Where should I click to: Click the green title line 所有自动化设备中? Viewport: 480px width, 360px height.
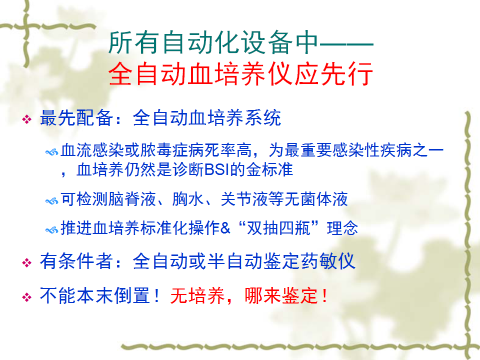tap(213, 42)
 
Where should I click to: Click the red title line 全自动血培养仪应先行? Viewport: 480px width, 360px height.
tap(240, 74)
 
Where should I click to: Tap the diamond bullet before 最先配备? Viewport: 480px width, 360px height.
tap(27, 119)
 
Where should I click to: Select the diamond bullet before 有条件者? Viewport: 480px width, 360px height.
tap(27, 262)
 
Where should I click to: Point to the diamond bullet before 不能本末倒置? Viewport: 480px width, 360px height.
tap(27, 297)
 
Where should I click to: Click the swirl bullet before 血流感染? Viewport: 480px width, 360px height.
tap(51, 152)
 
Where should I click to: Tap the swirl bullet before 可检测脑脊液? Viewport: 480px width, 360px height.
tap(51, 201)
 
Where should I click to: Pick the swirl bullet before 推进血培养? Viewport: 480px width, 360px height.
tap(51, 230)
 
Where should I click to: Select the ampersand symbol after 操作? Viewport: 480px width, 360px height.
tap(225, 228)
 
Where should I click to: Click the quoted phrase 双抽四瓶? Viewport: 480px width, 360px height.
tap(278, 228)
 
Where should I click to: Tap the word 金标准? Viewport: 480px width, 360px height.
tap(269, 169)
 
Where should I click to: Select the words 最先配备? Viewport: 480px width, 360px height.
tap(76, 117)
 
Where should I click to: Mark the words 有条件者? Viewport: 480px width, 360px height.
tap(76, 261)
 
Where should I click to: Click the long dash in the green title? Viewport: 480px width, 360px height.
tap(346, 44)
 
